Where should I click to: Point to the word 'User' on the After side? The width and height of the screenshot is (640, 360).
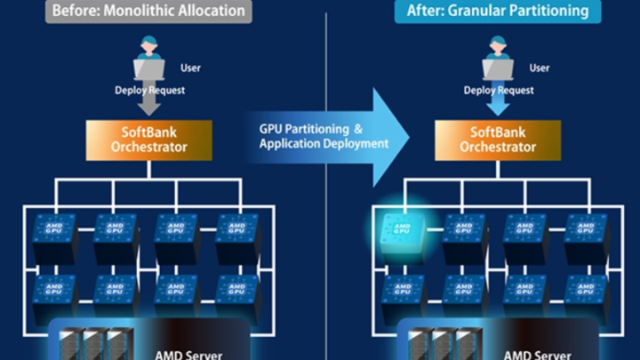point(540,68)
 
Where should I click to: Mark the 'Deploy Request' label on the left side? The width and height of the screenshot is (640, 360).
point(147,91)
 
